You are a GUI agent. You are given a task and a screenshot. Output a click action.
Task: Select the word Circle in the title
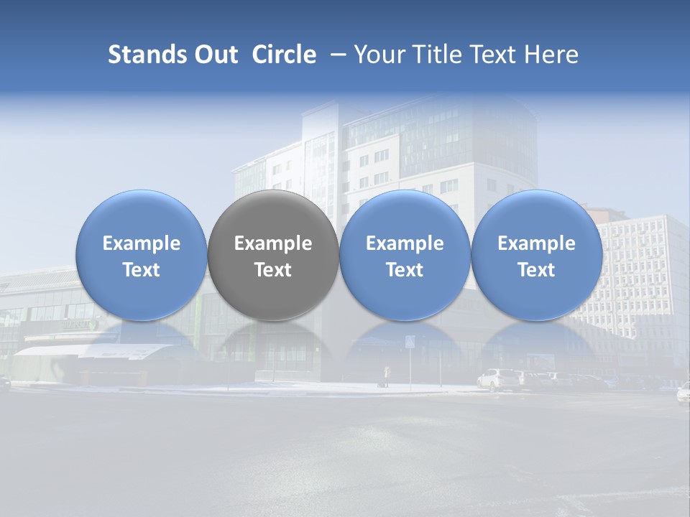pyautogui.click(x=284, y=55)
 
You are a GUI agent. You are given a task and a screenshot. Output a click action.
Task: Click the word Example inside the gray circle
pyautogui.click(x=273, y=243)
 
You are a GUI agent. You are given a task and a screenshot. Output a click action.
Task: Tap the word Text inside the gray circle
pyautogui.click(x=273, y=270)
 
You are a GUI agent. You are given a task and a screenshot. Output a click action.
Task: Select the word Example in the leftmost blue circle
pyautogui.click(x=142, y=243)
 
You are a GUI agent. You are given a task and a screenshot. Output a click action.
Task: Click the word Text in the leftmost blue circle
pyautogui.click(x=142, y=270)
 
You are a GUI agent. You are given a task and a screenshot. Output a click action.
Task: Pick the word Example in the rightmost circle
pyautogui.click(x=536, y=243)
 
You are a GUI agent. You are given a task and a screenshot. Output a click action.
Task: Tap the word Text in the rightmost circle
pyautogui.click(x=536, y=270)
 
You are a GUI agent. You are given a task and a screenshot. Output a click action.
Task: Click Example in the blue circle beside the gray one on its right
pyautogui.click(x=405, y=243)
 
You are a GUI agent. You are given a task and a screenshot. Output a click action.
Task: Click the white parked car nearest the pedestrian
pyautogui.click(x=499, y=379)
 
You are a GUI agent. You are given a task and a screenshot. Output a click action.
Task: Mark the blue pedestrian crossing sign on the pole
pyautogui.click(x=410, y=341)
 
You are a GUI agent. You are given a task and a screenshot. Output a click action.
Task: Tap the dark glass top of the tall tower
pyautogui.click(x=438, y=133)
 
